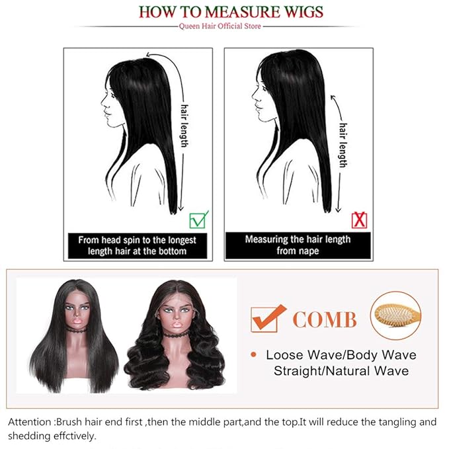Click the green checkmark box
tap(198, 218)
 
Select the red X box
tap(359, 220)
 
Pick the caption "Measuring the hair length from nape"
tap(298, 245)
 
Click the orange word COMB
tap(325, 321)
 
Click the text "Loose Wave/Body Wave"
tap(341, 355)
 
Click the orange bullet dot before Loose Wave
tap(254, 355)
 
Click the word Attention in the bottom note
tap(30, 421)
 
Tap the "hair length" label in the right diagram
tap(343, 143)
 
